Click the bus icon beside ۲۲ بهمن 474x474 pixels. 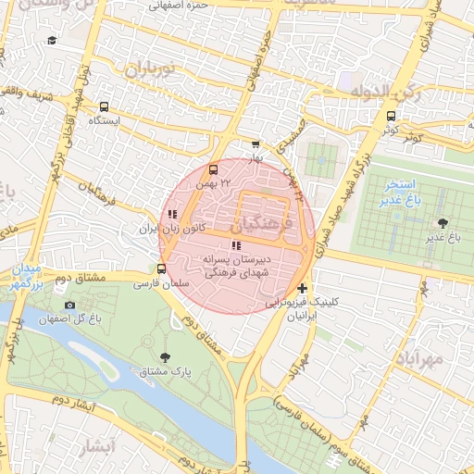(214, 170)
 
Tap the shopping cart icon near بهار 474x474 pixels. (256, 144)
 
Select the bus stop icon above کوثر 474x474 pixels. (391, 117)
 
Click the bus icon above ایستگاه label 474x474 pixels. (103, 106)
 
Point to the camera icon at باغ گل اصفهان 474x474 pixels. (69, 305)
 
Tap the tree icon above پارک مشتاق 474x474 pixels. (166, 356)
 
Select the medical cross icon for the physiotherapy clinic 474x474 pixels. (302, 289)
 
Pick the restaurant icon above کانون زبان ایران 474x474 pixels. (171, 214)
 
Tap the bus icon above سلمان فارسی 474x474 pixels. (163, 269)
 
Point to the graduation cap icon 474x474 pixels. (52, 41)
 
